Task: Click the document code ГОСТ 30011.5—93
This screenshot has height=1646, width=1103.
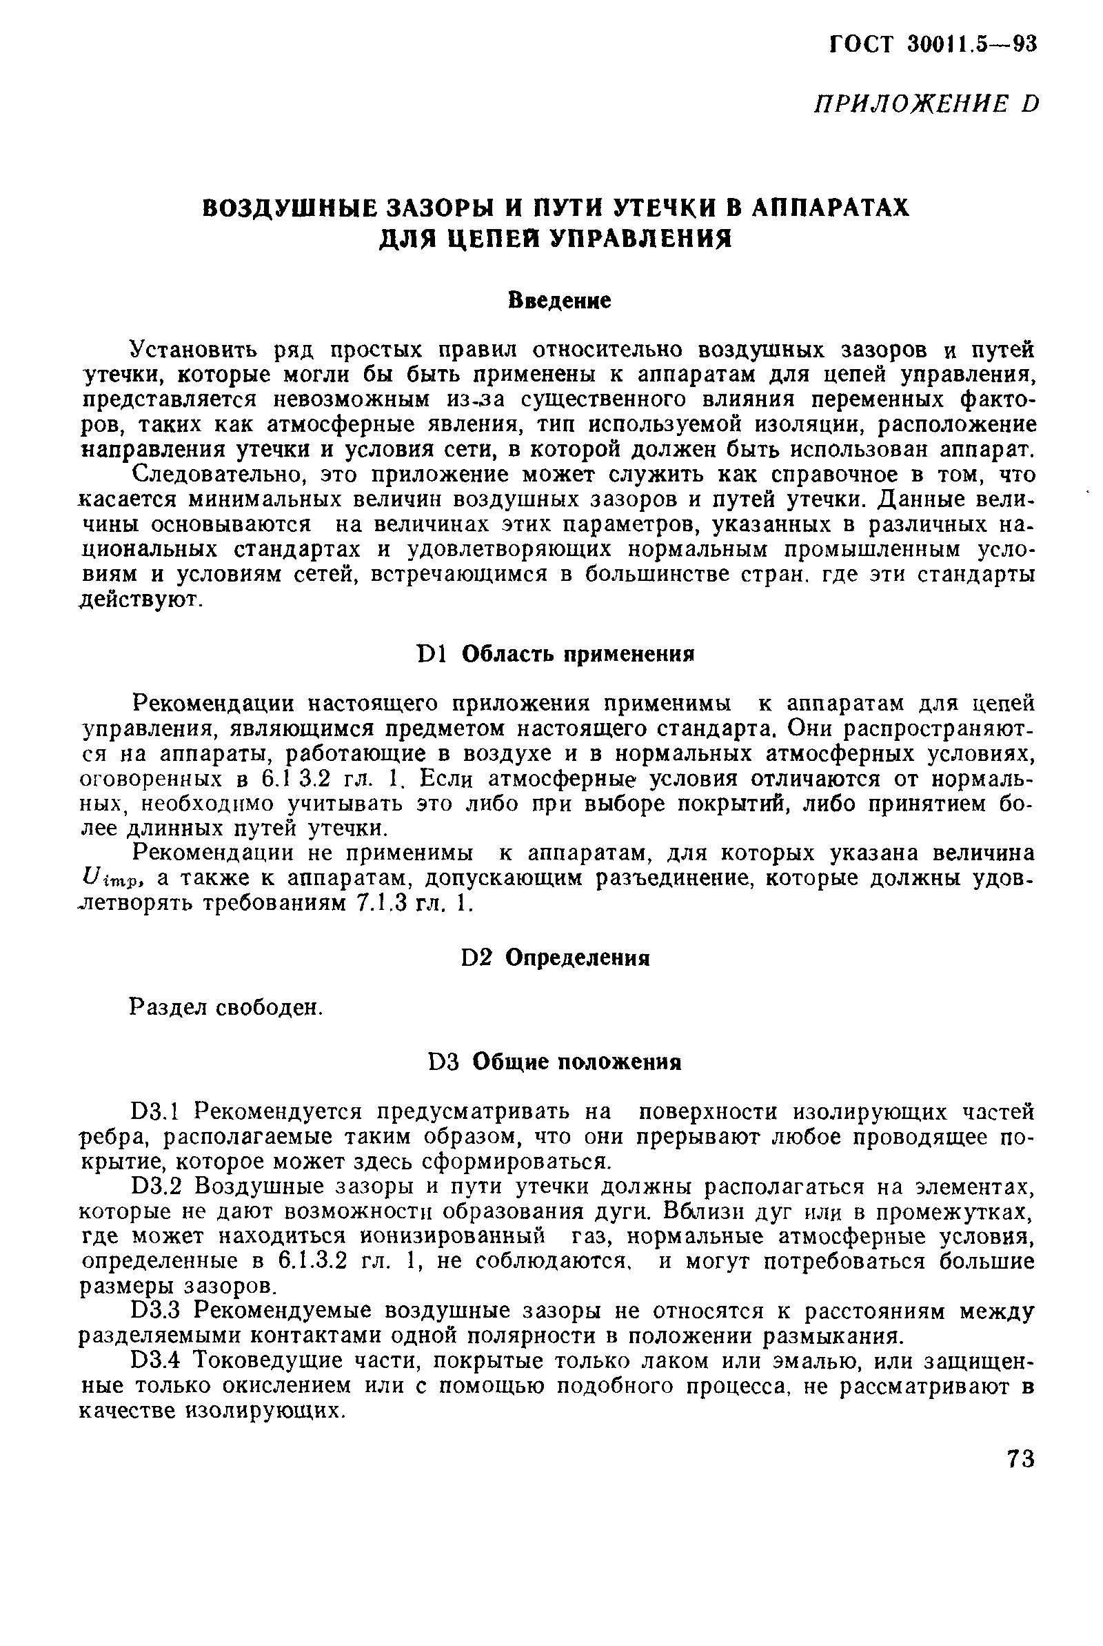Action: [933, 44]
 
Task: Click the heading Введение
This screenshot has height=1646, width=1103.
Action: [559, 301]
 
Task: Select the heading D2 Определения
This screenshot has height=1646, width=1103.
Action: [555, 958]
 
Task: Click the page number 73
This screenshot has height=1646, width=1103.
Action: [1020, 1458]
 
